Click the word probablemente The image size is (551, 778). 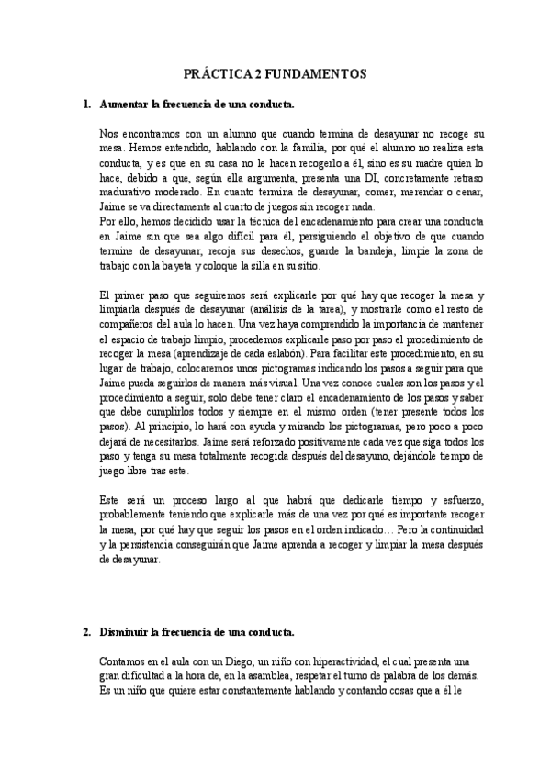point(141,513)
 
